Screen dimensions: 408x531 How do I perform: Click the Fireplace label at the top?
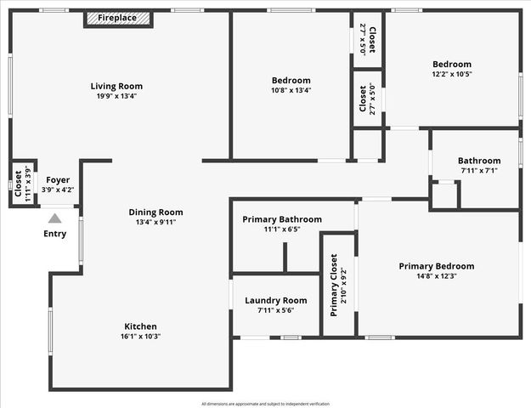pyautogui.click(x=117, y=18)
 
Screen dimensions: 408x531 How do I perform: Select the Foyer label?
pyautogui.click(x=58, y=179)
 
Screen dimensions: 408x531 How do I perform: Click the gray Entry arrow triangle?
pyautogui.click(x=54, y=218)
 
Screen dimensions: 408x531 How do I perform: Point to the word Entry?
pyautogui.click(x=54, y=234)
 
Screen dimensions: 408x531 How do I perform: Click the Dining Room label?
pyautogui.click(x=155, y=212)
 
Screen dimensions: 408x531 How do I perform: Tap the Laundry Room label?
pyautogui.click(x=275, y=300)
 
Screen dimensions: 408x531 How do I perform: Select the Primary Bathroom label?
pyautogui.click(x=282, y=219)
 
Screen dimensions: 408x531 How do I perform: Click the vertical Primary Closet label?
pyautogui.click(x=334, y=285)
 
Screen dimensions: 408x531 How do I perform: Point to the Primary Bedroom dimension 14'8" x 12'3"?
pyautogui.click(x=437, y=277)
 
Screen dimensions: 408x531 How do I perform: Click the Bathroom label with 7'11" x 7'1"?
pyautogui.click(x=478, y=161)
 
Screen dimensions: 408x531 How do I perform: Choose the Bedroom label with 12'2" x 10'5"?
pyautogui.click(x=451, y=65)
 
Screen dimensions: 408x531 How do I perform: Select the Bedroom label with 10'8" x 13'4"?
pyautogui.click(x=291, y=81)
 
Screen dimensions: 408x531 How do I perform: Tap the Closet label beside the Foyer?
pyautogui.click(x=18, y=182)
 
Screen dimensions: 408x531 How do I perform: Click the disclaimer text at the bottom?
pyautogui.click(x=265, y=404)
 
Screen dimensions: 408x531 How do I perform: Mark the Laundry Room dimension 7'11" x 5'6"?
pyautogui.click(x=275, y=311)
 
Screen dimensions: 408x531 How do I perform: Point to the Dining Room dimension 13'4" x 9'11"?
pyautogui.click(x=155, y=224)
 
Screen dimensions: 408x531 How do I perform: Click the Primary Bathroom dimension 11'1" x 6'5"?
pyautogui.click(x=282, y=230)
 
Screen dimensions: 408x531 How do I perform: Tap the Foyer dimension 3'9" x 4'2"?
pyautogui.click(x=58, y=190)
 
